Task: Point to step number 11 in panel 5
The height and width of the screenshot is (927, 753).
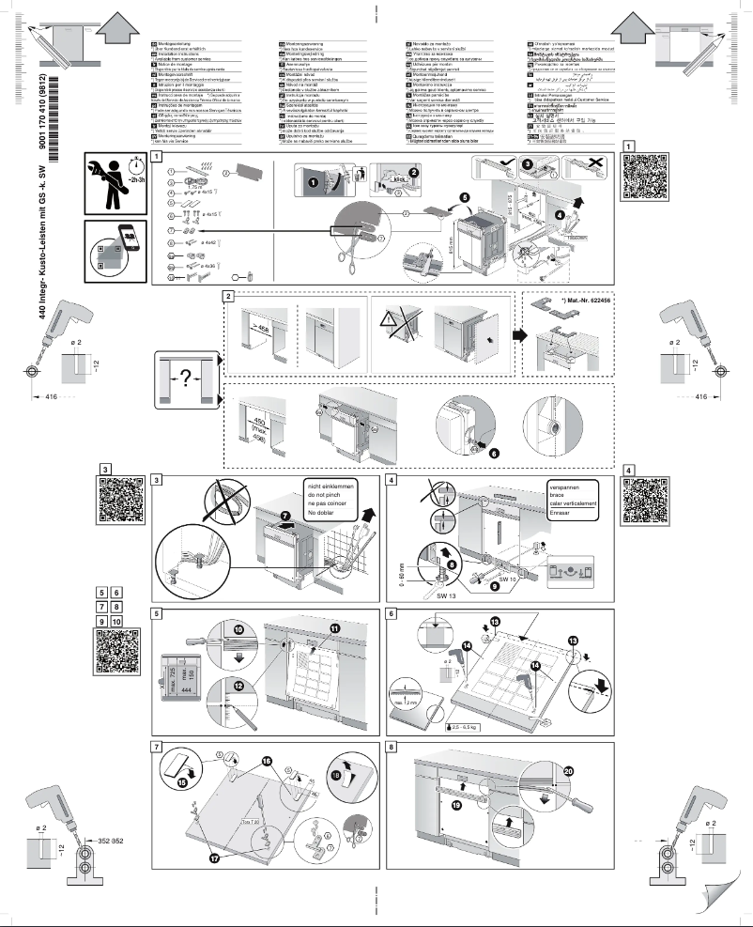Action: (x=335, y=627)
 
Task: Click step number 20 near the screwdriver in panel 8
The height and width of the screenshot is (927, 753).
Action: (x=568, y=771)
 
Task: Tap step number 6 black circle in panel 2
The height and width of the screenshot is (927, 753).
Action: (x=496, y=452)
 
